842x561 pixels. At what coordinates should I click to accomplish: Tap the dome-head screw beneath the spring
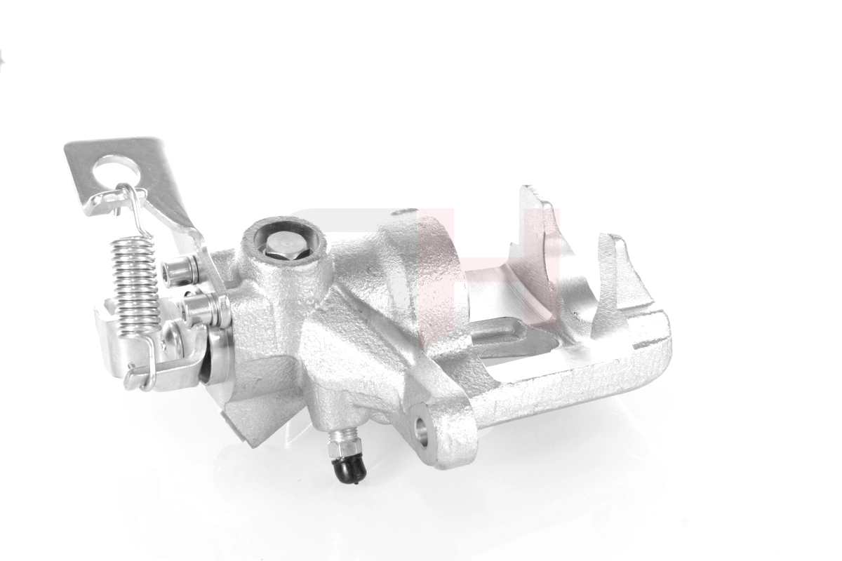click(171, 341)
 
